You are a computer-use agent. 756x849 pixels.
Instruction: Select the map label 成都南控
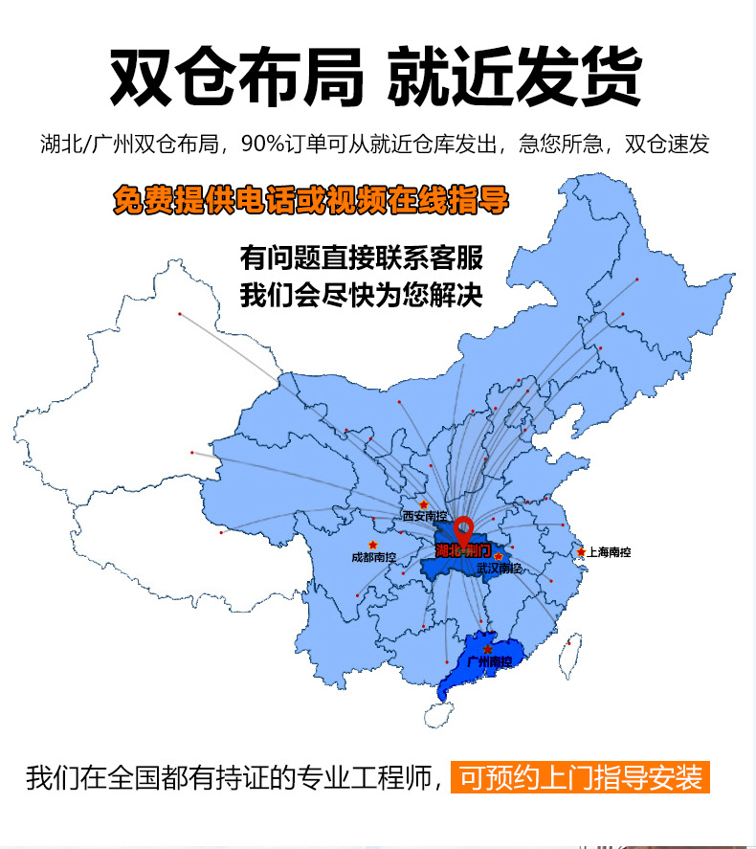[x=373, y=556]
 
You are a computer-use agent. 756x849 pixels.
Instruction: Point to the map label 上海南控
[x=610, y=552]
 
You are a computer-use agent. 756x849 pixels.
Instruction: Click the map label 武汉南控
[x=499, y=569]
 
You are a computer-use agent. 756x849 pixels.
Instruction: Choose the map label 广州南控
[x=489, y=661]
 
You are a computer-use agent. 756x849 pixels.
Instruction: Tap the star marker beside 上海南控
[x=581, y=552]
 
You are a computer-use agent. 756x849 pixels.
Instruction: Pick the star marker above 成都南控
[x=373, y=545]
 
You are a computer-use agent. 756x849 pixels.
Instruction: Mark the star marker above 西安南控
[x=423, y=503]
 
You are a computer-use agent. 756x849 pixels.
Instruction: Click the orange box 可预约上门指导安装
[x=581, y=777]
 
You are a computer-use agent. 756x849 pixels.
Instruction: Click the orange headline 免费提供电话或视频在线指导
[x=311, y=201]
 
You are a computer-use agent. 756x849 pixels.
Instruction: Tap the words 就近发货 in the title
[x=514, y=77]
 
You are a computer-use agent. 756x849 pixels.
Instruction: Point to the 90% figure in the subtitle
[x=258, y=145]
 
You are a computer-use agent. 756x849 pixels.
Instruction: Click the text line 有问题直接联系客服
[x=362, y=258]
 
